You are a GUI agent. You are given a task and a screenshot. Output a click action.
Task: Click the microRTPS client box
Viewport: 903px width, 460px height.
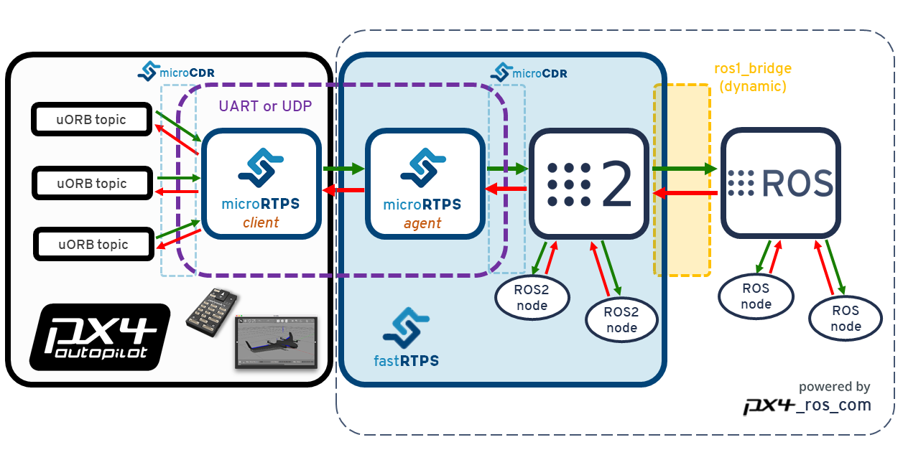pos(261,184)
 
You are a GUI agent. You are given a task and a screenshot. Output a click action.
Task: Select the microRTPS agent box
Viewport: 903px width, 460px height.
pos(422,184)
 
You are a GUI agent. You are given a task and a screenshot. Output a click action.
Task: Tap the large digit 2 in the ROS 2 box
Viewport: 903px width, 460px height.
pos(616,183)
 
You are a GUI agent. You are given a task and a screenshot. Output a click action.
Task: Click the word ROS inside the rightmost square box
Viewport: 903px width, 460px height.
pos(797,183)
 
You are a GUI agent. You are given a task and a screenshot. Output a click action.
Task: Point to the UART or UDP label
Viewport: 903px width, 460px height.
pos(265,105)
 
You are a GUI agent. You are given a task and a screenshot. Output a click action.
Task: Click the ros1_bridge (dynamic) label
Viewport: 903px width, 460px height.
pos(752,78)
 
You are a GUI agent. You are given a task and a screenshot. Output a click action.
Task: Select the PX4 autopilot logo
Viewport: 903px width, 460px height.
pos(98,337)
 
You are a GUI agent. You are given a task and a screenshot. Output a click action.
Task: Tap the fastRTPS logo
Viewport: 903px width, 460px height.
pos(407,337)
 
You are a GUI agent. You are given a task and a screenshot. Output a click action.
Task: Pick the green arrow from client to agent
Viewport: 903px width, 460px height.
pos(343,169)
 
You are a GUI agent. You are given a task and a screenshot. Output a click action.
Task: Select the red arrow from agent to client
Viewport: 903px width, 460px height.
pos(343,190)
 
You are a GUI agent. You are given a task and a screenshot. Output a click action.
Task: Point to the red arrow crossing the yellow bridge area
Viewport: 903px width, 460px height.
pos(684,193)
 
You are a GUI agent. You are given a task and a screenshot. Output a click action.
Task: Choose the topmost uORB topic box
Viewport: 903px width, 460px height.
pos(91,120)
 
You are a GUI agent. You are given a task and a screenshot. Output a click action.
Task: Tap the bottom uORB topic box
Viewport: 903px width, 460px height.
pos(93,245)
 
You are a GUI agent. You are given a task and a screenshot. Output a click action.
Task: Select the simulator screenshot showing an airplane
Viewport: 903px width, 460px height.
pos(275,342)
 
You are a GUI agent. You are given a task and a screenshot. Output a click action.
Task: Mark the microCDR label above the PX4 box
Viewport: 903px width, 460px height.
pos(176,72)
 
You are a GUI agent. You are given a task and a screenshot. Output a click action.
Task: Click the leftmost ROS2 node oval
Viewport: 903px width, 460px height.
pos(532,298)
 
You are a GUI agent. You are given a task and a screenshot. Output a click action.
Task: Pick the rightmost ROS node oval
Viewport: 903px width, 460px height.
pos(846,318)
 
